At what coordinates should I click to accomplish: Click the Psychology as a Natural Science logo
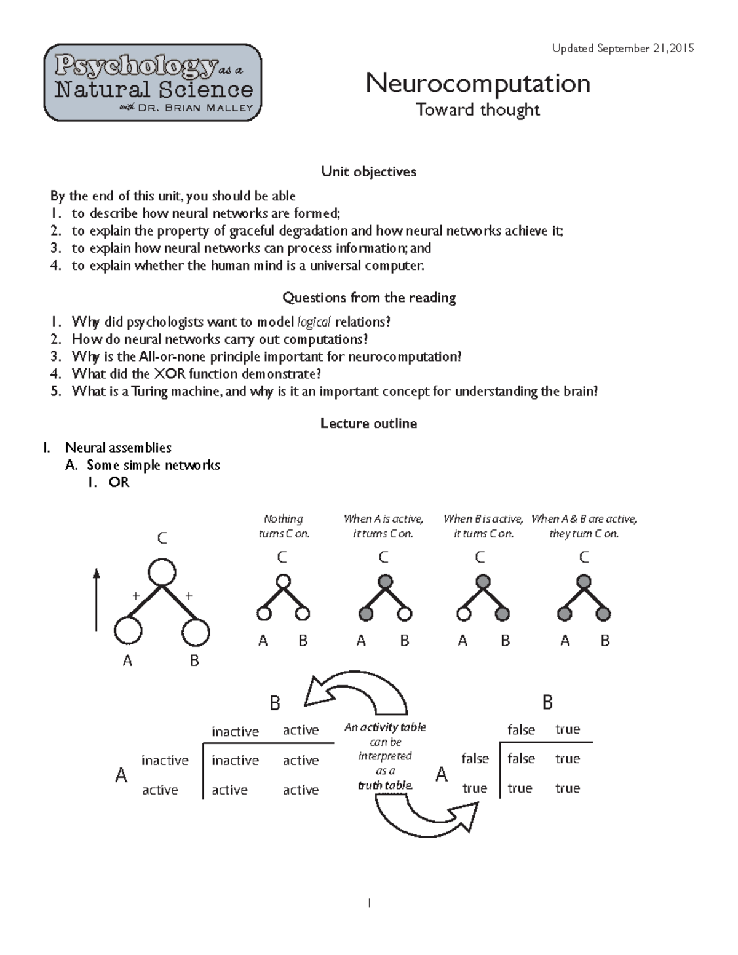(x=153, y=82)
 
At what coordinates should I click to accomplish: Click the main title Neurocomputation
(x=478, y=83)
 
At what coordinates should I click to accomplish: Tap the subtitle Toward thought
(x=478, y=110)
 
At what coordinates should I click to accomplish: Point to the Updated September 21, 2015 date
(x=623, y=48)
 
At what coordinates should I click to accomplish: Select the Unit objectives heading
(x=368, y=172)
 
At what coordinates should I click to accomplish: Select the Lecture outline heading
(x=368, y=424)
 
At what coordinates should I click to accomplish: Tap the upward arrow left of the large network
(x=97, y=600)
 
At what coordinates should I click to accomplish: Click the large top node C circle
(x=162, y=572)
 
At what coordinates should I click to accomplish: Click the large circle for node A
(x=128, y=631)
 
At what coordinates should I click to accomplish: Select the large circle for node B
(x=196, y=632)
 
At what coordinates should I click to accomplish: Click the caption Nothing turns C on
(x=284, y=526)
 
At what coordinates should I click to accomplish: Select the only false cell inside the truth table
(x=521, y=759)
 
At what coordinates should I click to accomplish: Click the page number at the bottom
(x=369, y=903)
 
